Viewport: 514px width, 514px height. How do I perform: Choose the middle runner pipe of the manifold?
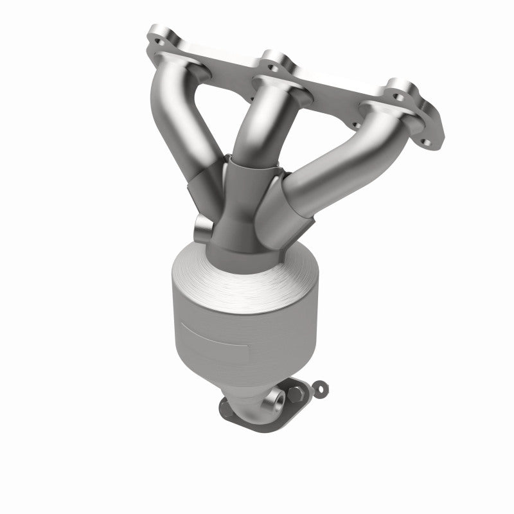coord(257,122)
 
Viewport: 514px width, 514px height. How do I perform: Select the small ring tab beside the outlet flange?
coord(319,386)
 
